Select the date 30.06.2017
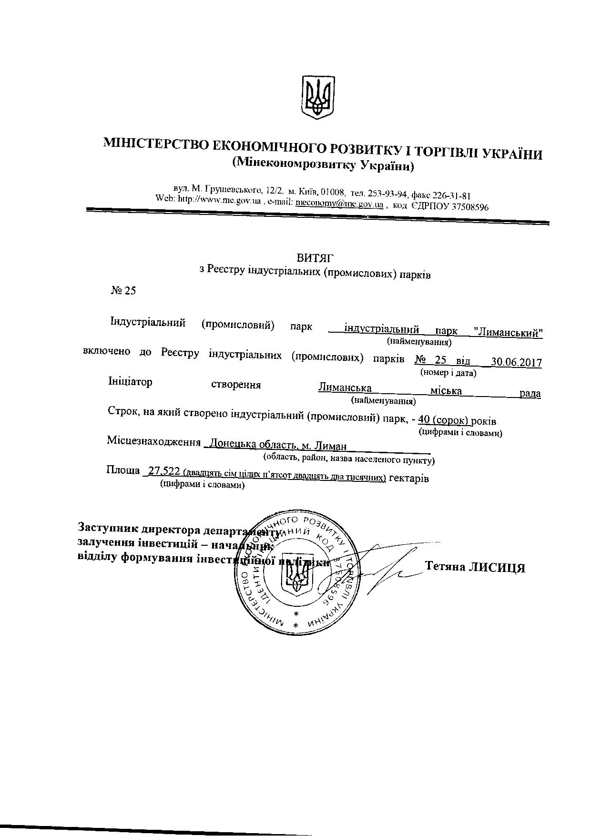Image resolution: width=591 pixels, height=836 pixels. (x=517, y=362)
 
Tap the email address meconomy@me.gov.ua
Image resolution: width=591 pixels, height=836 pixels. (x=339, y=204)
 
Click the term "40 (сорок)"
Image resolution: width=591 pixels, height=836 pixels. (x=443, y=420)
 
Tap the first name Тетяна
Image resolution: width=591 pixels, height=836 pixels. (x=445, y=566)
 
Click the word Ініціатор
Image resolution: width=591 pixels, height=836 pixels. (x=131, y=382)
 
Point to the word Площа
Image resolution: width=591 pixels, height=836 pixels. (x=122, y=470)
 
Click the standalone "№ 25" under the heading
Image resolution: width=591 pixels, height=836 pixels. (x=123, y=291)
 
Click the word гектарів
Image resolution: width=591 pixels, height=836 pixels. (x=409, y=478)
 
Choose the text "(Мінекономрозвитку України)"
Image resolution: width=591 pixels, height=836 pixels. (x=323, y=166)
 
